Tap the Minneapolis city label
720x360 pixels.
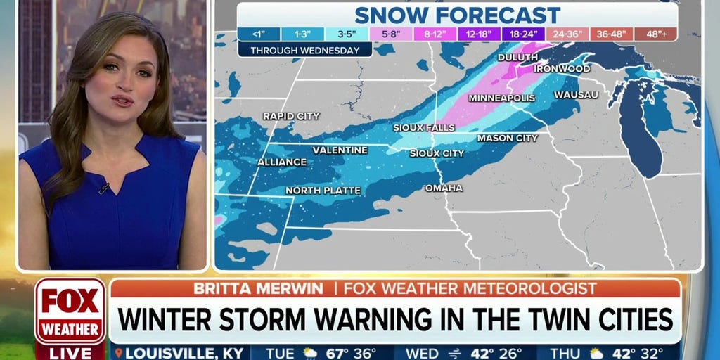[x=502, y=98]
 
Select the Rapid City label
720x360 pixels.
[x=291, y=116]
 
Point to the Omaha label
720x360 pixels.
[x=444, y=188]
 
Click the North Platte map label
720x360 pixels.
[x=323, y=191]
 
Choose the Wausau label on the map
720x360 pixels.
[x=576, y=94]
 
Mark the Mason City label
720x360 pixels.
[x=507, y=139]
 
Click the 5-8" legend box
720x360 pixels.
[x=390, y=34]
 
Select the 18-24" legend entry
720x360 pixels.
[x=522, y=34]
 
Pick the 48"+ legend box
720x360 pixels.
[x=655, y=34]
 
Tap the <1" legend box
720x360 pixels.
[x=259, y=34]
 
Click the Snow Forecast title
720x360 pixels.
[x=457, y=15]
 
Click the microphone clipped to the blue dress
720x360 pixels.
[x=104, y=188]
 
